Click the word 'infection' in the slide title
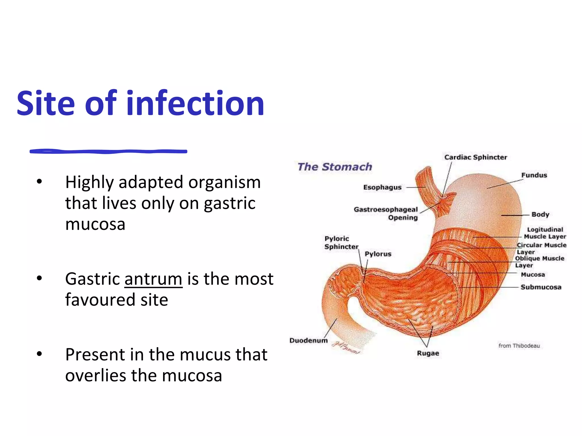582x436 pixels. pos(195,103)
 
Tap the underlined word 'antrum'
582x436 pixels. pos(153,279)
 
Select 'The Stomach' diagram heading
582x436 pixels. pos(334,167)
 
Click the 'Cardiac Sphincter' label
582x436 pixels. pos(475,157)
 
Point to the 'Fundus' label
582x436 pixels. pos(534,175)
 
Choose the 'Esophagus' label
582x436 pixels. pos(382,187)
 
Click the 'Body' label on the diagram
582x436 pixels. pos(540,214)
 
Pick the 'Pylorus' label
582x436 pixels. pos(378,254)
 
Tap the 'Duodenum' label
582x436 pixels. pos(308,340)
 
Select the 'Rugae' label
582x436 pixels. pos(428,353)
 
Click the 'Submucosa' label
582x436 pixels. pos(541,287)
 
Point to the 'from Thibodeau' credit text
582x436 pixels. pos(519,346)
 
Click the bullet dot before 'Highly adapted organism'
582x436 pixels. pos(39,182)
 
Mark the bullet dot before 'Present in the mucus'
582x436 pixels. pos(39,354)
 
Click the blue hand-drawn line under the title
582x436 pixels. pos(108,152)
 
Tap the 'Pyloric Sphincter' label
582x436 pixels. pos(341,243)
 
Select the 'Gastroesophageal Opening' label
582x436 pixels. pos(386,213)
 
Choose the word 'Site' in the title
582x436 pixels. pos(45,103)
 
